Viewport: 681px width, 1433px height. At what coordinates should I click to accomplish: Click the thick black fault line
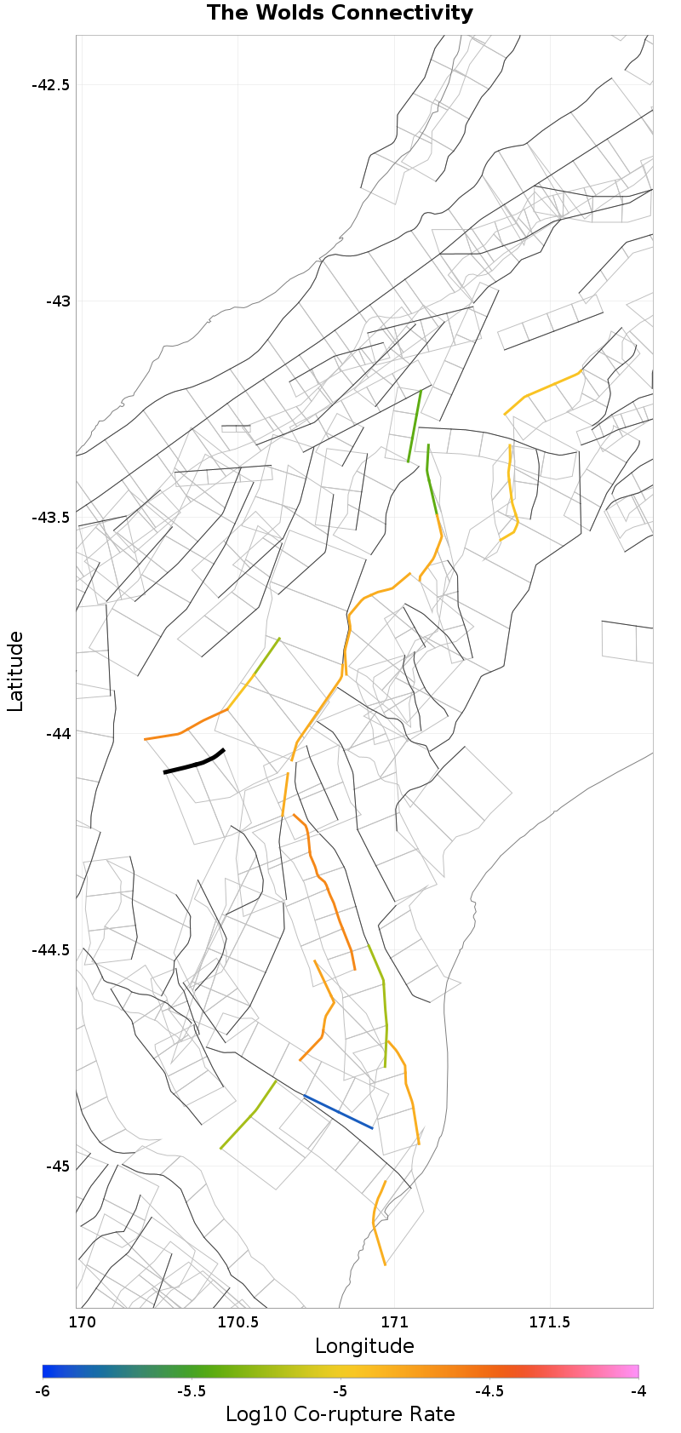point(195,763)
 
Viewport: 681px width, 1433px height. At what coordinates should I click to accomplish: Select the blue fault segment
point(338,1112)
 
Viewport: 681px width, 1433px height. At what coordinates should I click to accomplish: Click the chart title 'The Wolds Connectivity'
point(340,13)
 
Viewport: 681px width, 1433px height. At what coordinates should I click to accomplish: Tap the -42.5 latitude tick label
point(52,85)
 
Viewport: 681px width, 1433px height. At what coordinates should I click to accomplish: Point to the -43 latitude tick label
point(57,301)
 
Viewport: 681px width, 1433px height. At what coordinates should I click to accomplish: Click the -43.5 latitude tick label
point(52,518)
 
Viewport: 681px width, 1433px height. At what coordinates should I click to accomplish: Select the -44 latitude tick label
point(57,734)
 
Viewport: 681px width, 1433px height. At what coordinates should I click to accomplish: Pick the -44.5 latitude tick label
point(52,950)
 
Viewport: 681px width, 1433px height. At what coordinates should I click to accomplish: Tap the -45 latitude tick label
point(57,1166)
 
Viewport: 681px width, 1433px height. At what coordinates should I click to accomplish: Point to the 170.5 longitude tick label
point(237,1322)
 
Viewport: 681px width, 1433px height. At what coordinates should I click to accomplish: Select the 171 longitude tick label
point(394,1322)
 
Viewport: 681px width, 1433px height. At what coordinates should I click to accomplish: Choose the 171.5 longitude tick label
point(550,1322)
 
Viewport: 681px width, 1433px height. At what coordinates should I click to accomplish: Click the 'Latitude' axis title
point(15,672)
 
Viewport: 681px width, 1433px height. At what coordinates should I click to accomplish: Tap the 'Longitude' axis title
point(364,1346)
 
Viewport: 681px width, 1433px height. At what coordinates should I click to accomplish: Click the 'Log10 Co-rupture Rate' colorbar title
point(340,1414)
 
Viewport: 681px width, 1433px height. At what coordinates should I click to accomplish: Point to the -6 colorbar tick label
point(43,1391)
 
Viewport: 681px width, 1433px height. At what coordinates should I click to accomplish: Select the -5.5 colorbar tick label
point(192,1391)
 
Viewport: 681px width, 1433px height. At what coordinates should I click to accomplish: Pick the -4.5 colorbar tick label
point(489,1391)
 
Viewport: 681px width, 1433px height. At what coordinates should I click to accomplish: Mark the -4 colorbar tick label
point(638,1391)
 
